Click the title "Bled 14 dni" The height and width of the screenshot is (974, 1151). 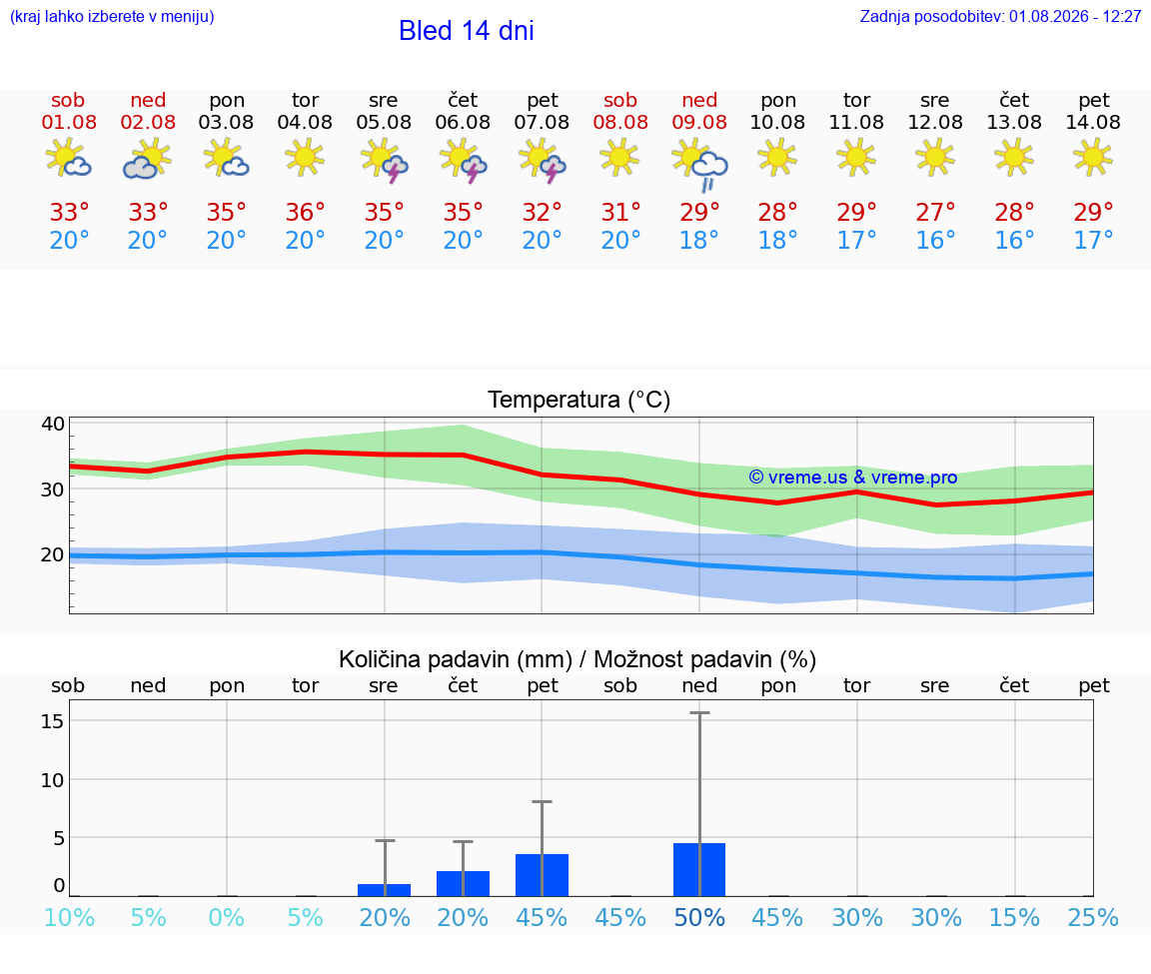[x=467, y=31]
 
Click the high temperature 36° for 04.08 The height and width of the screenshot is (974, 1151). [x=305, y=212]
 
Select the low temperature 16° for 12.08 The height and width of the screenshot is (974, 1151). [x=935, y=240]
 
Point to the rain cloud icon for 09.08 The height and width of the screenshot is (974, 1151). [x=700, y=166]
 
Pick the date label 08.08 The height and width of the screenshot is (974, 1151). [x=620, y=122]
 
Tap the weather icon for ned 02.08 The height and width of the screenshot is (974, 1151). [x=148, y=159]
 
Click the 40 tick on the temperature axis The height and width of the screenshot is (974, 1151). [x=53, y=424]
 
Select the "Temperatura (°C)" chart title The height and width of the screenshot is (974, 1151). [x=579, y=400]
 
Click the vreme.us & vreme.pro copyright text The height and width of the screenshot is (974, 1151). [x=853, y=478]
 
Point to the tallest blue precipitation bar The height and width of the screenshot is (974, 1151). [x=698, y=870]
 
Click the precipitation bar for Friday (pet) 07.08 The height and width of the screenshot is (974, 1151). [x=542, y=875]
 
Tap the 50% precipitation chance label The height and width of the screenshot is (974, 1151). [x=699, y=917]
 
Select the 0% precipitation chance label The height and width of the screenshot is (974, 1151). [x=226, y=917]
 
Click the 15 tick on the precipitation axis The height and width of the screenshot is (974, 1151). [x=52, y=721]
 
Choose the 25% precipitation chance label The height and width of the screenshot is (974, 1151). [x=1093, y=917]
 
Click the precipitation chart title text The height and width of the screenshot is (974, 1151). [x=576, y=659]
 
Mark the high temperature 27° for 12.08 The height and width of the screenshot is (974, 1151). [x=935, y=212]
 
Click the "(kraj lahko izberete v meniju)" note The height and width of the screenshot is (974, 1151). [x=112, y=16]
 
